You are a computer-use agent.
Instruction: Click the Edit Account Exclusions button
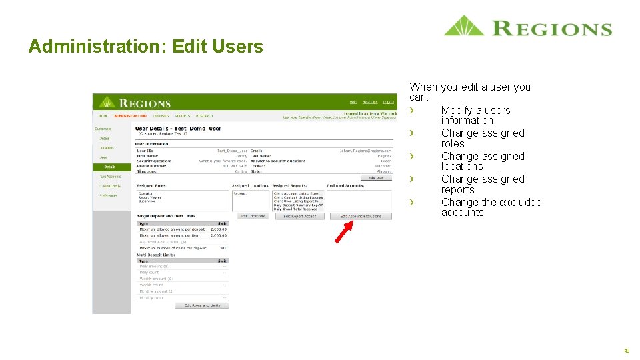[x=361, y=217]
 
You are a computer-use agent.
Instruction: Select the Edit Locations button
[x=252, y=217]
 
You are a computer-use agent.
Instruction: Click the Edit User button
[x=376, y=177]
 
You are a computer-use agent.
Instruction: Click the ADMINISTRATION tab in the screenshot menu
[x=130, y=116]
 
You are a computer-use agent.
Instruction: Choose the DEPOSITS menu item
[x=161, y=116]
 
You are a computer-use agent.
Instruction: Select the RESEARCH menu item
[x=204, y=116]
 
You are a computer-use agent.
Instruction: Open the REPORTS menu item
[x=182, y=116]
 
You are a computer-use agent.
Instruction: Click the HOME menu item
[x=103, y=116]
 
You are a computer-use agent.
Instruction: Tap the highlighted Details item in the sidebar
[x=109, y=167]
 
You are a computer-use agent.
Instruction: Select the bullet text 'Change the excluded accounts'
[x=491, y=207]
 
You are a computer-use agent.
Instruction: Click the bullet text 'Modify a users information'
[x=475, y=115]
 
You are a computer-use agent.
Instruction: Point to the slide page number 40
[x=627, y=350]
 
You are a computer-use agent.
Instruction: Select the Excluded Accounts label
[x=345, y=186]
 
